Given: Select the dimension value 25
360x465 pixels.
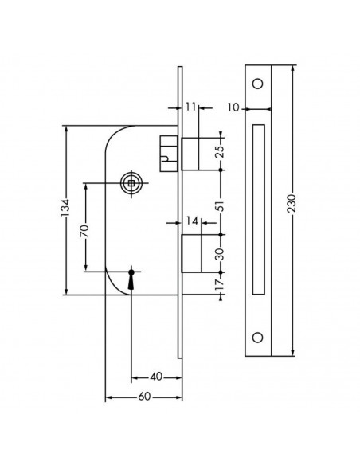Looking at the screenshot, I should coord(221,151).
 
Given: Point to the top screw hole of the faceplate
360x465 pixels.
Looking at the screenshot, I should coord(258,84).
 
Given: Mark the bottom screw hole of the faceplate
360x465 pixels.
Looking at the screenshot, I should coord(258,336).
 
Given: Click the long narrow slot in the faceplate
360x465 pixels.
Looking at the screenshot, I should coord(258,209).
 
